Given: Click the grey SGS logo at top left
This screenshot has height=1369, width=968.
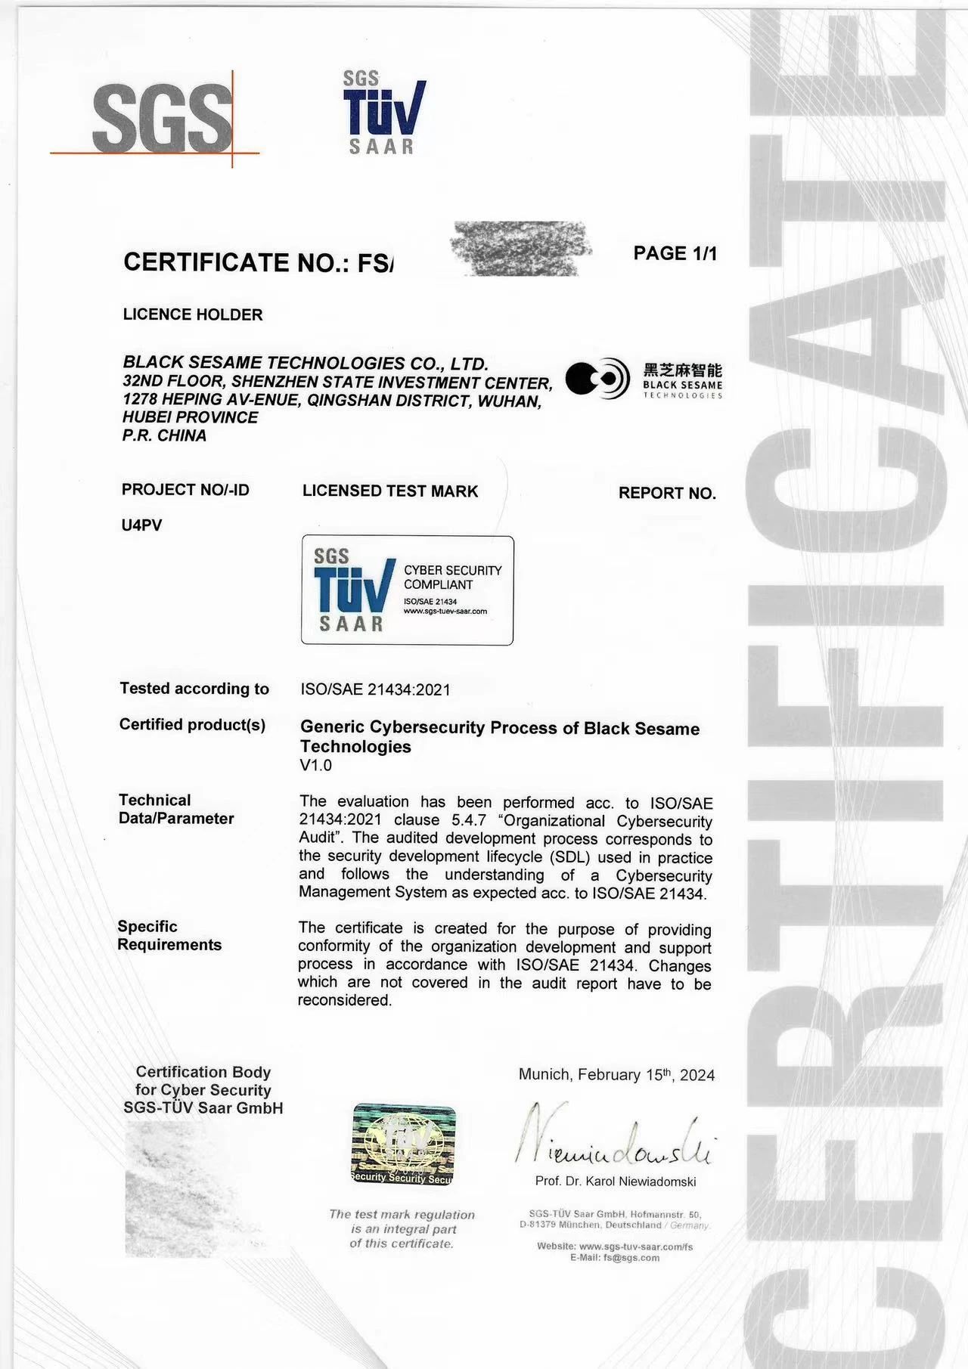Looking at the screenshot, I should pos(161,118).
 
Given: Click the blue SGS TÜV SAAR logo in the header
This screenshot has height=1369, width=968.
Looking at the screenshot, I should pos(383,113).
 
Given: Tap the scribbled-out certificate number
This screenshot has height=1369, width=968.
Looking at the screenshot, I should pos(520,248).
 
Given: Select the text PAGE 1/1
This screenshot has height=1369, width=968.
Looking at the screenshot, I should pos(675,253).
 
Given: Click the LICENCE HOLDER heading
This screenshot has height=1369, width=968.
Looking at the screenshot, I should pos(193,314).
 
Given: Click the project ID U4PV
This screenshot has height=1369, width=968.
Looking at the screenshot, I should pos(141,525).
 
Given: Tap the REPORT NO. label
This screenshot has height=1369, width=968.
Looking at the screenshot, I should pos(666,493).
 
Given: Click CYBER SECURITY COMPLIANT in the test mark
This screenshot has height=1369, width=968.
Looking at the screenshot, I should pos(452,578).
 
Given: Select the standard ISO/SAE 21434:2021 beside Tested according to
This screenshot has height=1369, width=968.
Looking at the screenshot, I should pos(375,689).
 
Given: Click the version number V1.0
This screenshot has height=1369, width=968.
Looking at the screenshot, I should pos(315,765).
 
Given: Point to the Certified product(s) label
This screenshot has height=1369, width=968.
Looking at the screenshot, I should pos(192,725).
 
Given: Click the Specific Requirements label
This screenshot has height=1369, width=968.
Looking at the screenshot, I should pos(169,936).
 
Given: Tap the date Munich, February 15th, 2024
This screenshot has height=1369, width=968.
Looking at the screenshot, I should pos(616,1075).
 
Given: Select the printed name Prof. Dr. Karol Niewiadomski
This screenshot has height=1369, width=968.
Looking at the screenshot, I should pos(615,1181).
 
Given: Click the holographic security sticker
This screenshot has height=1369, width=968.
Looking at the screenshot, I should pos(403,1144).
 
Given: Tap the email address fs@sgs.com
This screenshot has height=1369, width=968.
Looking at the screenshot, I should pos(631,1258).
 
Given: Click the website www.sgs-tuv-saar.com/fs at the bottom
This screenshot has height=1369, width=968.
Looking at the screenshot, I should pos(636,1247).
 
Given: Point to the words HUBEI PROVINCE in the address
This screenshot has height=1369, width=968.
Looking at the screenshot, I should pos(190,417).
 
